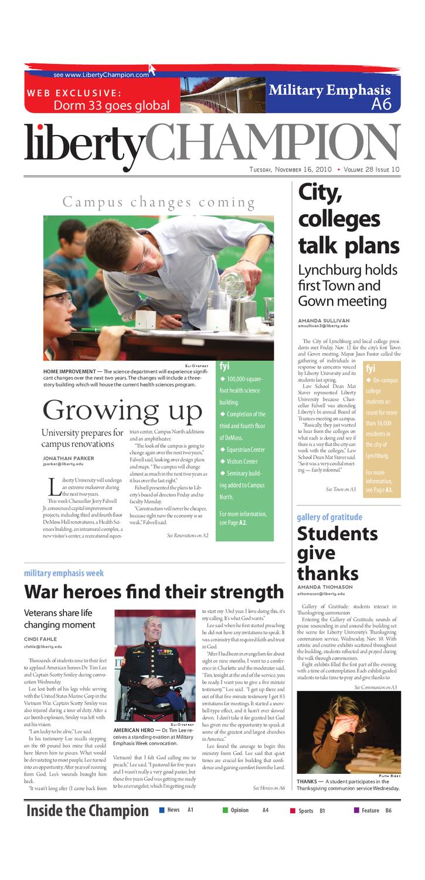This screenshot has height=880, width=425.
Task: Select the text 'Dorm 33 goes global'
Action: tap(111, 106)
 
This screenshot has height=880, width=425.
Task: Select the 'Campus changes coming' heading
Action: tap(159, 203)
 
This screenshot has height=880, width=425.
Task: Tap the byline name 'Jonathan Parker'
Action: tap(68, 458)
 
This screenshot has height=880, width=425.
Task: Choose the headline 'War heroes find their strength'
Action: tap(154, 591)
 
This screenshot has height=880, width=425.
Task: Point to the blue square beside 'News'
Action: tap(162, 810)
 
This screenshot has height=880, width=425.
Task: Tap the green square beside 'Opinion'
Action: tap(225, 810)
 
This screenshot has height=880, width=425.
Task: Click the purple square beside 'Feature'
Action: tap(356, 810)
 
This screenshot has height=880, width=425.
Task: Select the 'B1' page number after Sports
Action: tap(322, 811)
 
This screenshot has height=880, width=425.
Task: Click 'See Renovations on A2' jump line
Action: tap(188, 535)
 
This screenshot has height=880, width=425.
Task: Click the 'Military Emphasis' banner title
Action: tap(329, 90)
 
